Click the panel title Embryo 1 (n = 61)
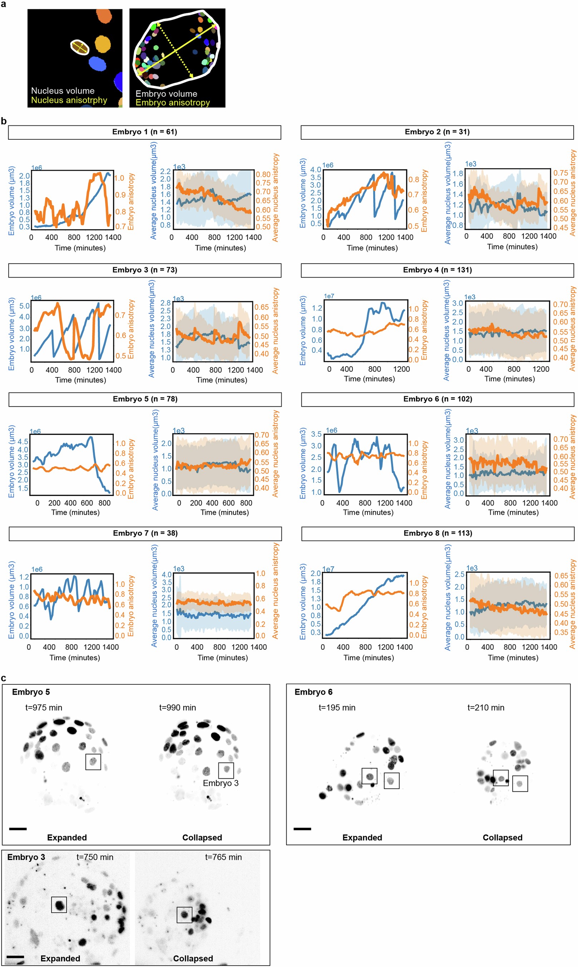click(144, 132)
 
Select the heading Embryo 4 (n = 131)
click(437, 270)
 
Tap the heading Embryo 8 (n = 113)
click(438, 533)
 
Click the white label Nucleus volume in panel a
click(63, 91)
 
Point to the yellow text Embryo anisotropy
click(173, 103)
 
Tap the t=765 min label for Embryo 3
click(223, 857)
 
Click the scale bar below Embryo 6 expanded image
click(302, 829)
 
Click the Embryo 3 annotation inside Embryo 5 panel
click(221, 783)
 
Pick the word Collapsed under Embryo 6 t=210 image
click(502, 837)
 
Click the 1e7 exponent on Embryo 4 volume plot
click(329, 296)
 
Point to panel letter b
click(4, 121)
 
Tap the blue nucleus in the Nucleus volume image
click(97, 64)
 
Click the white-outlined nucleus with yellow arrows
click(80, 47)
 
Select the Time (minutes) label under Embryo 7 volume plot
click(74, 646)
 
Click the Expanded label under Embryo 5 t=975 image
click(67, 837)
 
